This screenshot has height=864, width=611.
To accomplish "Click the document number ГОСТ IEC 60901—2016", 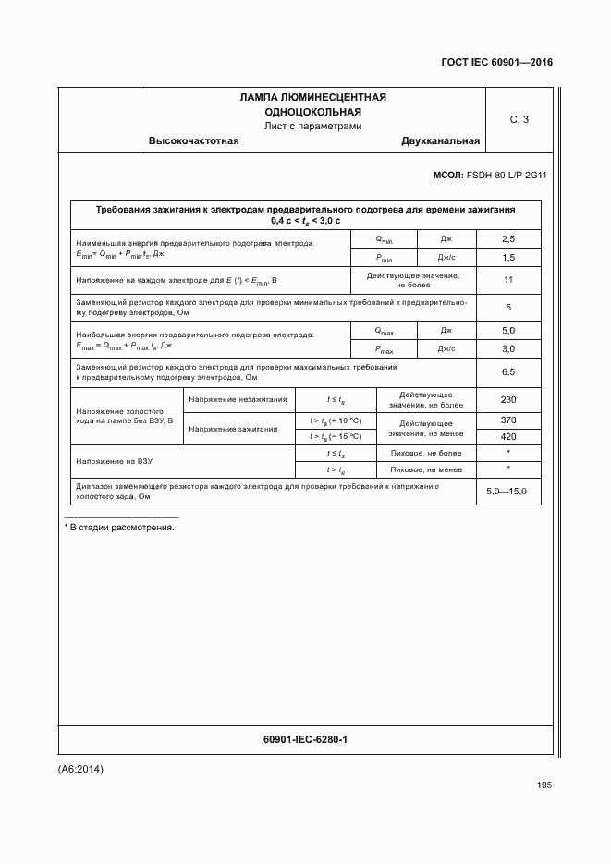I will click(x=497, y=63).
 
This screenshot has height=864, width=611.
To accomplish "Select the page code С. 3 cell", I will click(x=519, y=119).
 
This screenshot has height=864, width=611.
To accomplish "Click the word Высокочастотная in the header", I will click(x=194, y=141).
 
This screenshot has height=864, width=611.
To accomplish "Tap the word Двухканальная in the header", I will click(x=440, y=141).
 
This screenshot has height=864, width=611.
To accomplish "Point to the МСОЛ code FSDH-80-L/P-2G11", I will click(x=490, y=175).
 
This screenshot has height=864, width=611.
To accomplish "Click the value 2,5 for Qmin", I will click(x=507, y=239).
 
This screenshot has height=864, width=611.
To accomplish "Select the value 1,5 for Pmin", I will click(x=507, y=258).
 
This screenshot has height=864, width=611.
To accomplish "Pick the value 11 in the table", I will click(x=507, y=280).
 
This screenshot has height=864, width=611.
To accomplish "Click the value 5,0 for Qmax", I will click(x=507, y=330).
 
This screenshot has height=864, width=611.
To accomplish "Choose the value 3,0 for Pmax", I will click(x=507, y=349).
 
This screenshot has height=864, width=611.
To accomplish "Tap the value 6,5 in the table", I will click(x=507, y=371).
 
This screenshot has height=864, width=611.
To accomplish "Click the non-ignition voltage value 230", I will click(x=507, y=399).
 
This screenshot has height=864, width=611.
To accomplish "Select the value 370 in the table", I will click(x=507, y=420).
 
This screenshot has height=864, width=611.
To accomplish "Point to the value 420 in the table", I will click(x=507, y=436).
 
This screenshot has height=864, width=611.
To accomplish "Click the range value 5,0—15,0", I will click(x=507, y=491).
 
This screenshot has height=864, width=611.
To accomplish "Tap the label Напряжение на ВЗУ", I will click(x=115, y=461).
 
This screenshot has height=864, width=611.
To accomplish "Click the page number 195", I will click(x=544, y=785).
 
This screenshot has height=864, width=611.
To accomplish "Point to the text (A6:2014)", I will click(x=81, y=769).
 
